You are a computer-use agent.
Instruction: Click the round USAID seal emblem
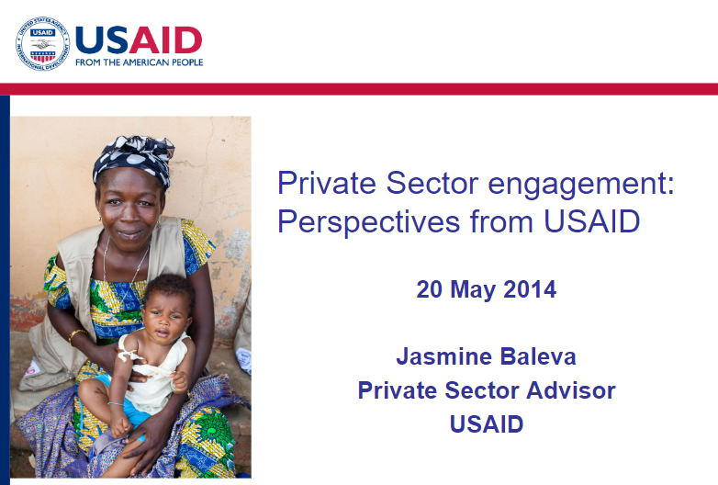click(43, 44)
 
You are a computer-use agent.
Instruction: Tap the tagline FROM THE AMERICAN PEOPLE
click(140, 62)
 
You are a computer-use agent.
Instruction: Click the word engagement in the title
click(581, 185)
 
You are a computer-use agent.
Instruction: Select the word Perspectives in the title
click(368, 223)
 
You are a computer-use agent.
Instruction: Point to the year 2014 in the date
click(530, 289)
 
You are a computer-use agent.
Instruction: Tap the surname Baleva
click(538, 356)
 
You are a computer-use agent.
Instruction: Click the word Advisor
click(570, 390)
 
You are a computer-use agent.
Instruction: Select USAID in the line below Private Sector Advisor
click(487, 424)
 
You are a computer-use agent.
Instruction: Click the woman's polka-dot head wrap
click(133, 160)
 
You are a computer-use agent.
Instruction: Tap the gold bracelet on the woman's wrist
click(75, 335)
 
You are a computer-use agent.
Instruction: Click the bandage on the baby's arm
click(129, 353)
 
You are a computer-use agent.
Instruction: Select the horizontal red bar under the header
click(359, 89)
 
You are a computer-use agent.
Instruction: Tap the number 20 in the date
click(430, 289)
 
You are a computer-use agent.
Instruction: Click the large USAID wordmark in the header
click(139, 39)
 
